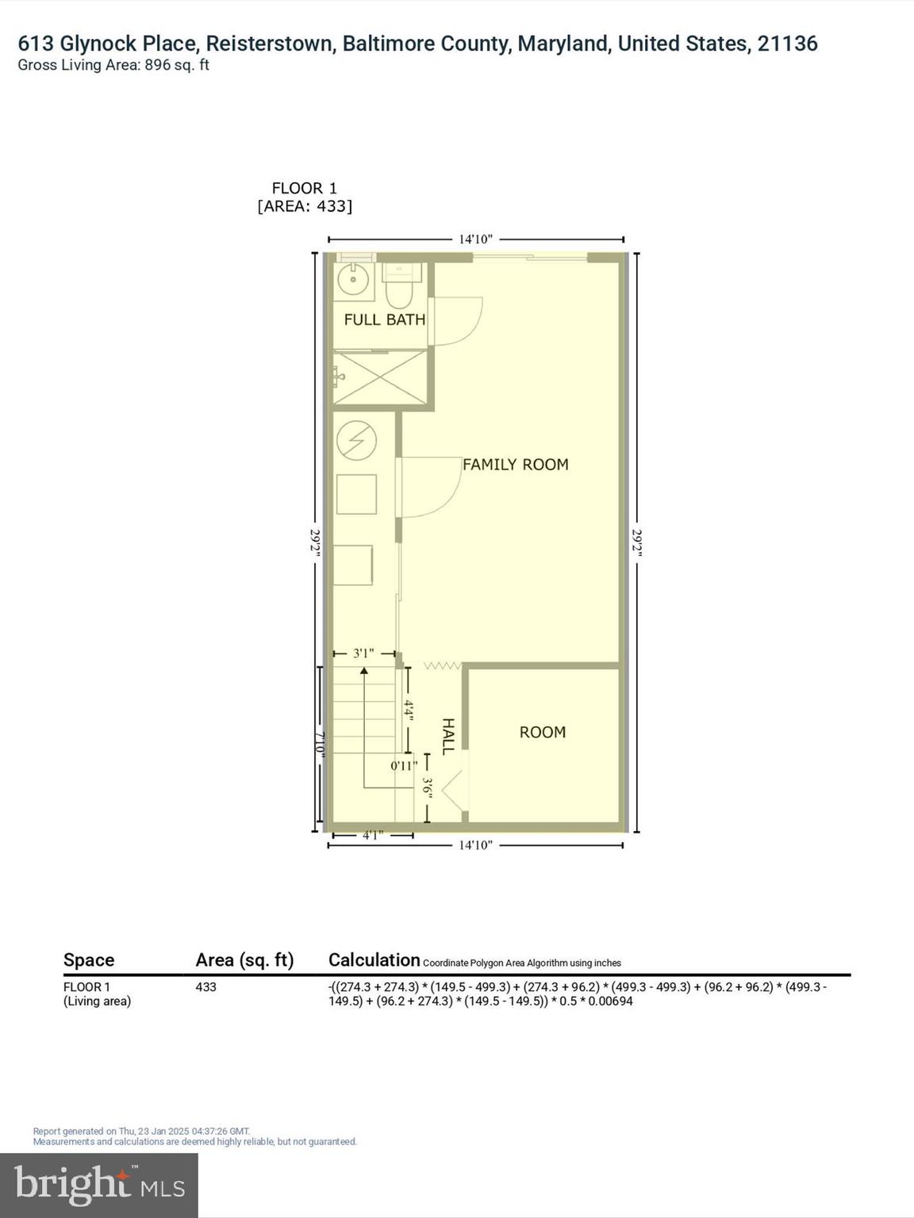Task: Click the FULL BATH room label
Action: (384, 320)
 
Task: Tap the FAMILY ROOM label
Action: (515, 465)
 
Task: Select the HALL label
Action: (448, 736)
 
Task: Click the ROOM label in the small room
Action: (543, 732)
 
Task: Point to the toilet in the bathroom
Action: (398, 289)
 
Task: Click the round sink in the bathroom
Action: (351, 279)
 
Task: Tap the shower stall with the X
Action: (380, 377)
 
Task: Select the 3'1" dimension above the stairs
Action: (363, 653)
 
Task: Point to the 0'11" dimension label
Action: (404, 766)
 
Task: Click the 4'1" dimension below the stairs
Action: (373, 834)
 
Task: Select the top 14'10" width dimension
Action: (475, 239)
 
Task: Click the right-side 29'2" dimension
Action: (636, 542)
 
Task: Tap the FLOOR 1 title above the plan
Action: (305, 188)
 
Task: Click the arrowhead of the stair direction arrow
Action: (364, 671)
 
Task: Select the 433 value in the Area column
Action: (205, 987)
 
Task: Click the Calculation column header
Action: (374, 960)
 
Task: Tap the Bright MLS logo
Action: (99, 1185)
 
